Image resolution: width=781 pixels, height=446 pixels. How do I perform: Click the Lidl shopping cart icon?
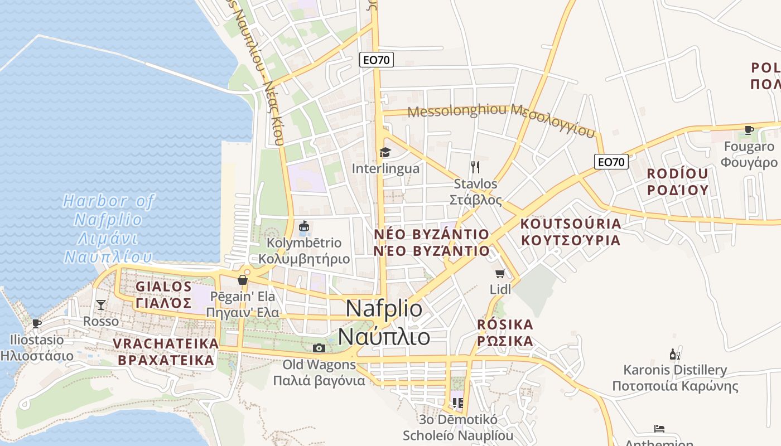coord(500,273)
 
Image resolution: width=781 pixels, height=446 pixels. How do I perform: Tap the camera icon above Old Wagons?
coord(319,348)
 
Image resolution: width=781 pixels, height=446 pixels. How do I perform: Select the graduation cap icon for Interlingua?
coord(385,152)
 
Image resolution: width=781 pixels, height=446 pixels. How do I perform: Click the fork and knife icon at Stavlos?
coord(475,167)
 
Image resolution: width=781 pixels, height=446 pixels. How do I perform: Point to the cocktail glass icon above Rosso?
coord(101,304)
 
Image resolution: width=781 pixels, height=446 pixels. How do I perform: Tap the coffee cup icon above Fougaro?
coord(749,130)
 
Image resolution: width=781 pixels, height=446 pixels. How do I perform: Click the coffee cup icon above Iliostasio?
coord(37,323)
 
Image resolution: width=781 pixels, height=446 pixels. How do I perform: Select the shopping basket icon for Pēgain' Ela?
coord(243,279)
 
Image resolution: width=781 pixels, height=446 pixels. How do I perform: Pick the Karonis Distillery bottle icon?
coord(674,354)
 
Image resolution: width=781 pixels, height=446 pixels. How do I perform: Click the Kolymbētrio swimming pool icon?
coord(304,226)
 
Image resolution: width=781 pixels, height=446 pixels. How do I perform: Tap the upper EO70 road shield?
coord(377,60)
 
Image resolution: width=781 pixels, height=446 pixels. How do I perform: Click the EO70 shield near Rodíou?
coord(611,162)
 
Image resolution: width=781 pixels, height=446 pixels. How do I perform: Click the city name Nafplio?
coord(384,323)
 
